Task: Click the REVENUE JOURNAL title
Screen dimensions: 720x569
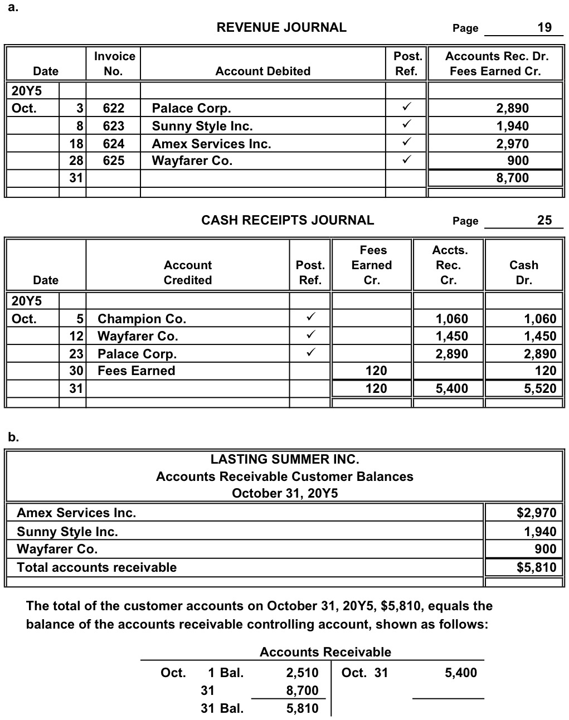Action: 281,27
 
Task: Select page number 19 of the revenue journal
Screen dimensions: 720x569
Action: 544,27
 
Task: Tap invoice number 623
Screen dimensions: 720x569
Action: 114,126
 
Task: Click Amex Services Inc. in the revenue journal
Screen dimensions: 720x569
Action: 211,144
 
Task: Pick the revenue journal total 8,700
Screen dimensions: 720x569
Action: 512,178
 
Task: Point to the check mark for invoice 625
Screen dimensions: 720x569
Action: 406,161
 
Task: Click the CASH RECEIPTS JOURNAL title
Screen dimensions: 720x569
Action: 287,220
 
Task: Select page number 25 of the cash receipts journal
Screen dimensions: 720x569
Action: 544,220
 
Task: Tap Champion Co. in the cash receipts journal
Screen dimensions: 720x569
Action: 142,319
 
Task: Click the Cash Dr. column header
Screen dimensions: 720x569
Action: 523,273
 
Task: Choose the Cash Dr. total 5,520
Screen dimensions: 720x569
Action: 539,388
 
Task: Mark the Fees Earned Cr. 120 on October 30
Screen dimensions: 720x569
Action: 376,371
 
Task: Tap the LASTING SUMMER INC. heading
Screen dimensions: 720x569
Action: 284,459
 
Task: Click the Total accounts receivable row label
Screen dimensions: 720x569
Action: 96,567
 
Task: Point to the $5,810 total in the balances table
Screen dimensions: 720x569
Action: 536,567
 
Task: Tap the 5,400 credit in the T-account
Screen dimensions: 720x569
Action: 460,673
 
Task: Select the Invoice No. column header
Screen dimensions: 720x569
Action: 114,64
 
